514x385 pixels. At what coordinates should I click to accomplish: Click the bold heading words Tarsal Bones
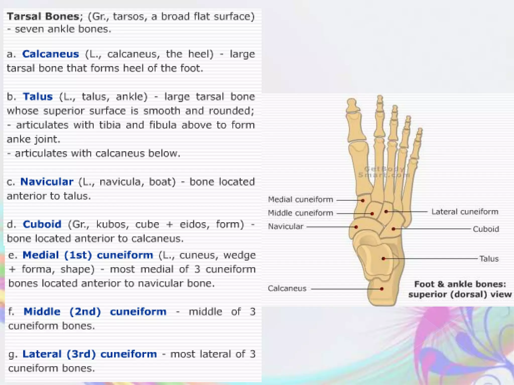43,17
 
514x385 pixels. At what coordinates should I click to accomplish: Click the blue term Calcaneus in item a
50,54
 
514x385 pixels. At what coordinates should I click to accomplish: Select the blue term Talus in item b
38,97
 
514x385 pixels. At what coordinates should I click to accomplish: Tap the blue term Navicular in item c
47,182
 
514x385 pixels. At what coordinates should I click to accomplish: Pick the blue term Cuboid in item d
42,224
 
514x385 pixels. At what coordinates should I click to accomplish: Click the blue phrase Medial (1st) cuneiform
88,255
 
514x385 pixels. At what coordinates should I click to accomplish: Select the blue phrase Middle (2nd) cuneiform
95,312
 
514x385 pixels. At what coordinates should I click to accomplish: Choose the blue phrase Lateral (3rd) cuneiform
90,354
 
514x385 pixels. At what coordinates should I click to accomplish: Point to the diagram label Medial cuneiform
300,200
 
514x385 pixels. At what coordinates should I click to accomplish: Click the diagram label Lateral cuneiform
465,212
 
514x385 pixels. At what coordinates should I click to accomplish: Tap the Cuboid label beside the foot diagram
486,229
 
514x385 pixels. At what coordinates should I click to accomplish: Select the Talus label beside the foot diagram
489,259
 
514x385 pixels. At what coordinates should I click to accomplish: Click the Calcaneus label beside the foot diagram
287,288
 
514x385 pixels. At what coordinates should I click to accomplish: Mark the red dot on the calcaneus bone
382,289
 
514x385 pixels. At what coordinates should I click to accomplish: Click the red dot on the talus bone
383,259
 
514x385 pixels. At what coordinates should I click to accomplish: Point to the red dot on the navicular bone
356,227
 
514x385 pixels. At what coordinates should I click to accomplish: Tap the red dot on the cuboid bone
393,229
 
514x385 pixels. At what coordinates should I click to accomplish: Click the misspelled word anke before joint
19,139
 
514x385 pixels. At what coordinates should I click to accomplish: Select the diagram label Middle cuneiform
300,213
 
